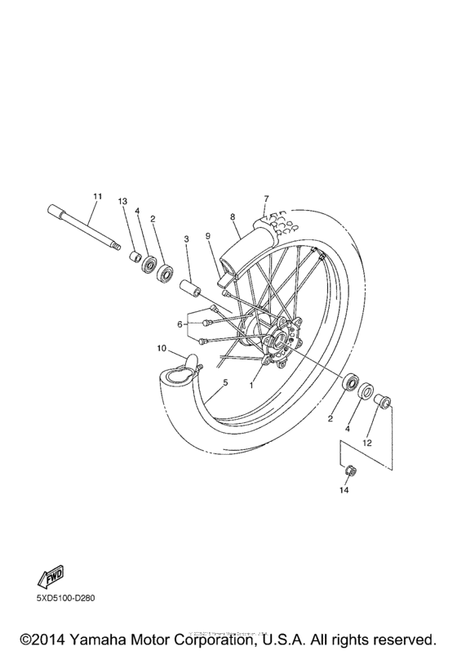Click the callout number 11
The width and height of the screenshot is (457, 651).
(97, 196)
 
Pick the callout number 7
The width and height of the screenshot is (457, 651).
(265, 198)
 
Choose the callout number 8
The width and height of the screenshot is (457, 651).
(233, 217)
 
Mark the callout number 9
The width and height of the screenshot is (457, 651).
(208, 236)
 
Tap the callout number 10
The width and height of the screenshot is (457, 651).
(162, 349)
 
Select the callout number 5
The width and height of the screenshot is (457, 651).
(224, 381)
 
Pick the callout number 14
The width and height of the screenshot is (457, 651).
(344, 491)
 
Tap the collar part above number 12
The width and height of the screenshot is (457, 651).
(382, 401)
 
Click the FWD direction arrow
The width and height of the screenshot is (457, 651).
(50, 576)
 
